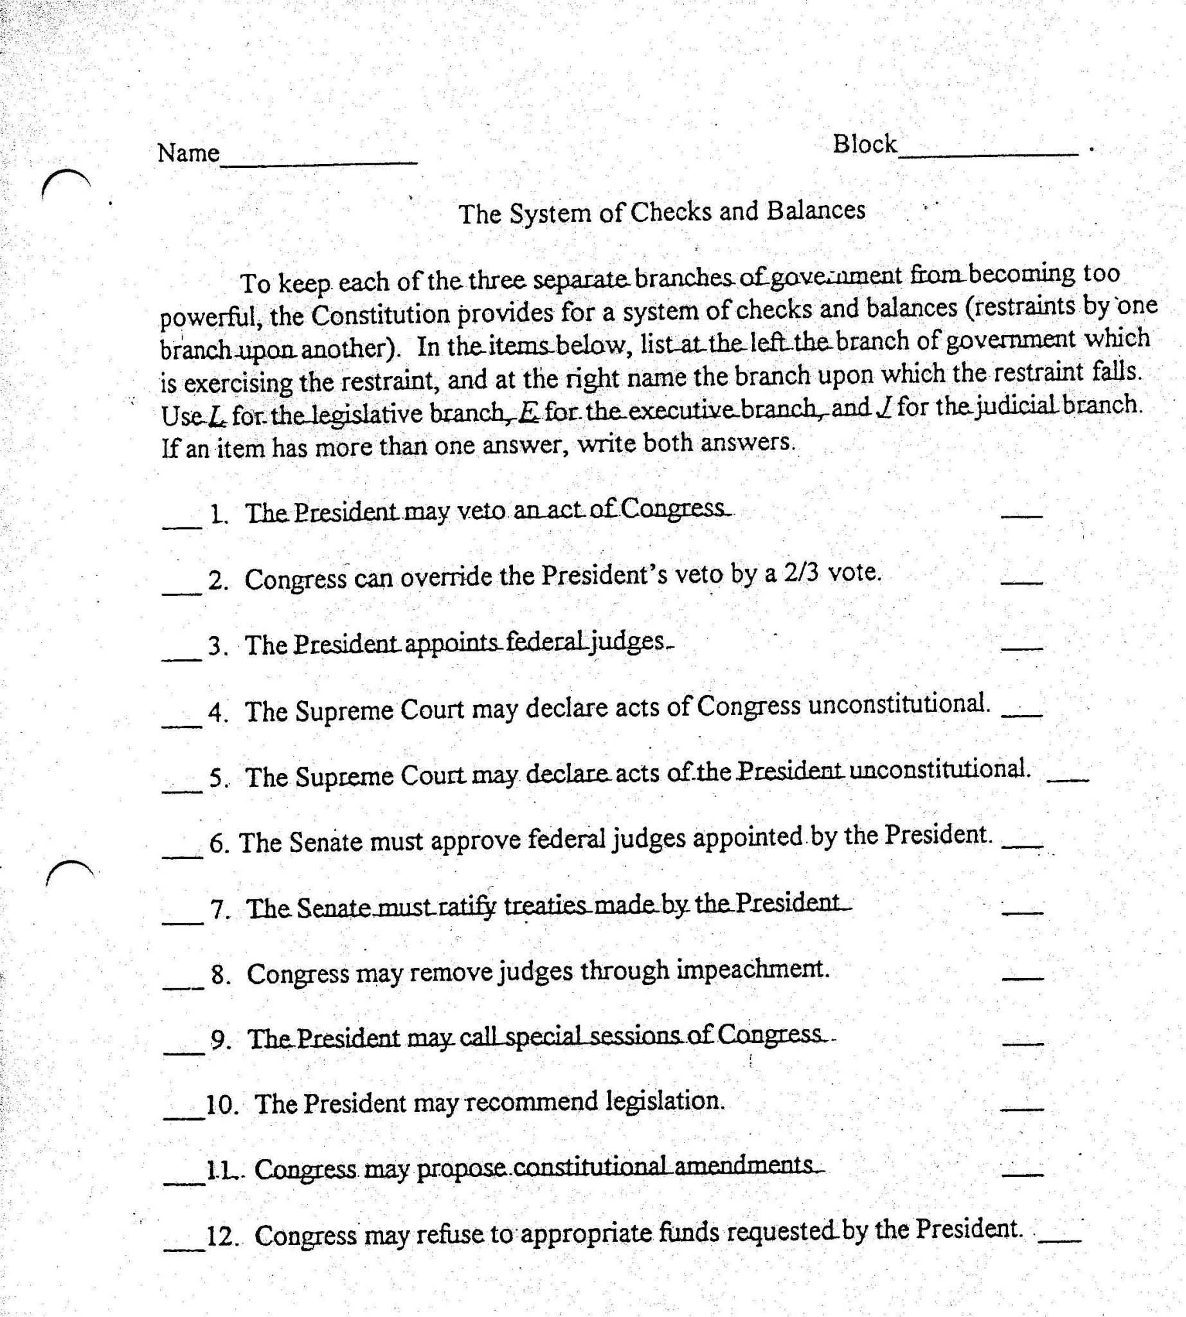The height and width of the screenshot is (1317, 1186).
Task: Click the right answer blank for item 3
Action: [1022, 648]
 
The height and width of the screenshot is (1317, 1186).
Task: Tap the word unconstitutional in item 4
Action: [899, 704]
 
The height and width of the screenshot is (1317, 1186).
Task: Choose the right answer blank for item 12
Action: [1059, 1240]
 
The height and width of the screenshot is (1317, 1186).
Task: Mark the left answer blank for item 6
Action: [182, 856]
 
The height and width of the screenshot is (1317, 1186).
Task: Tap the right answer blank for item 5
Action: [1066, 780]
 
